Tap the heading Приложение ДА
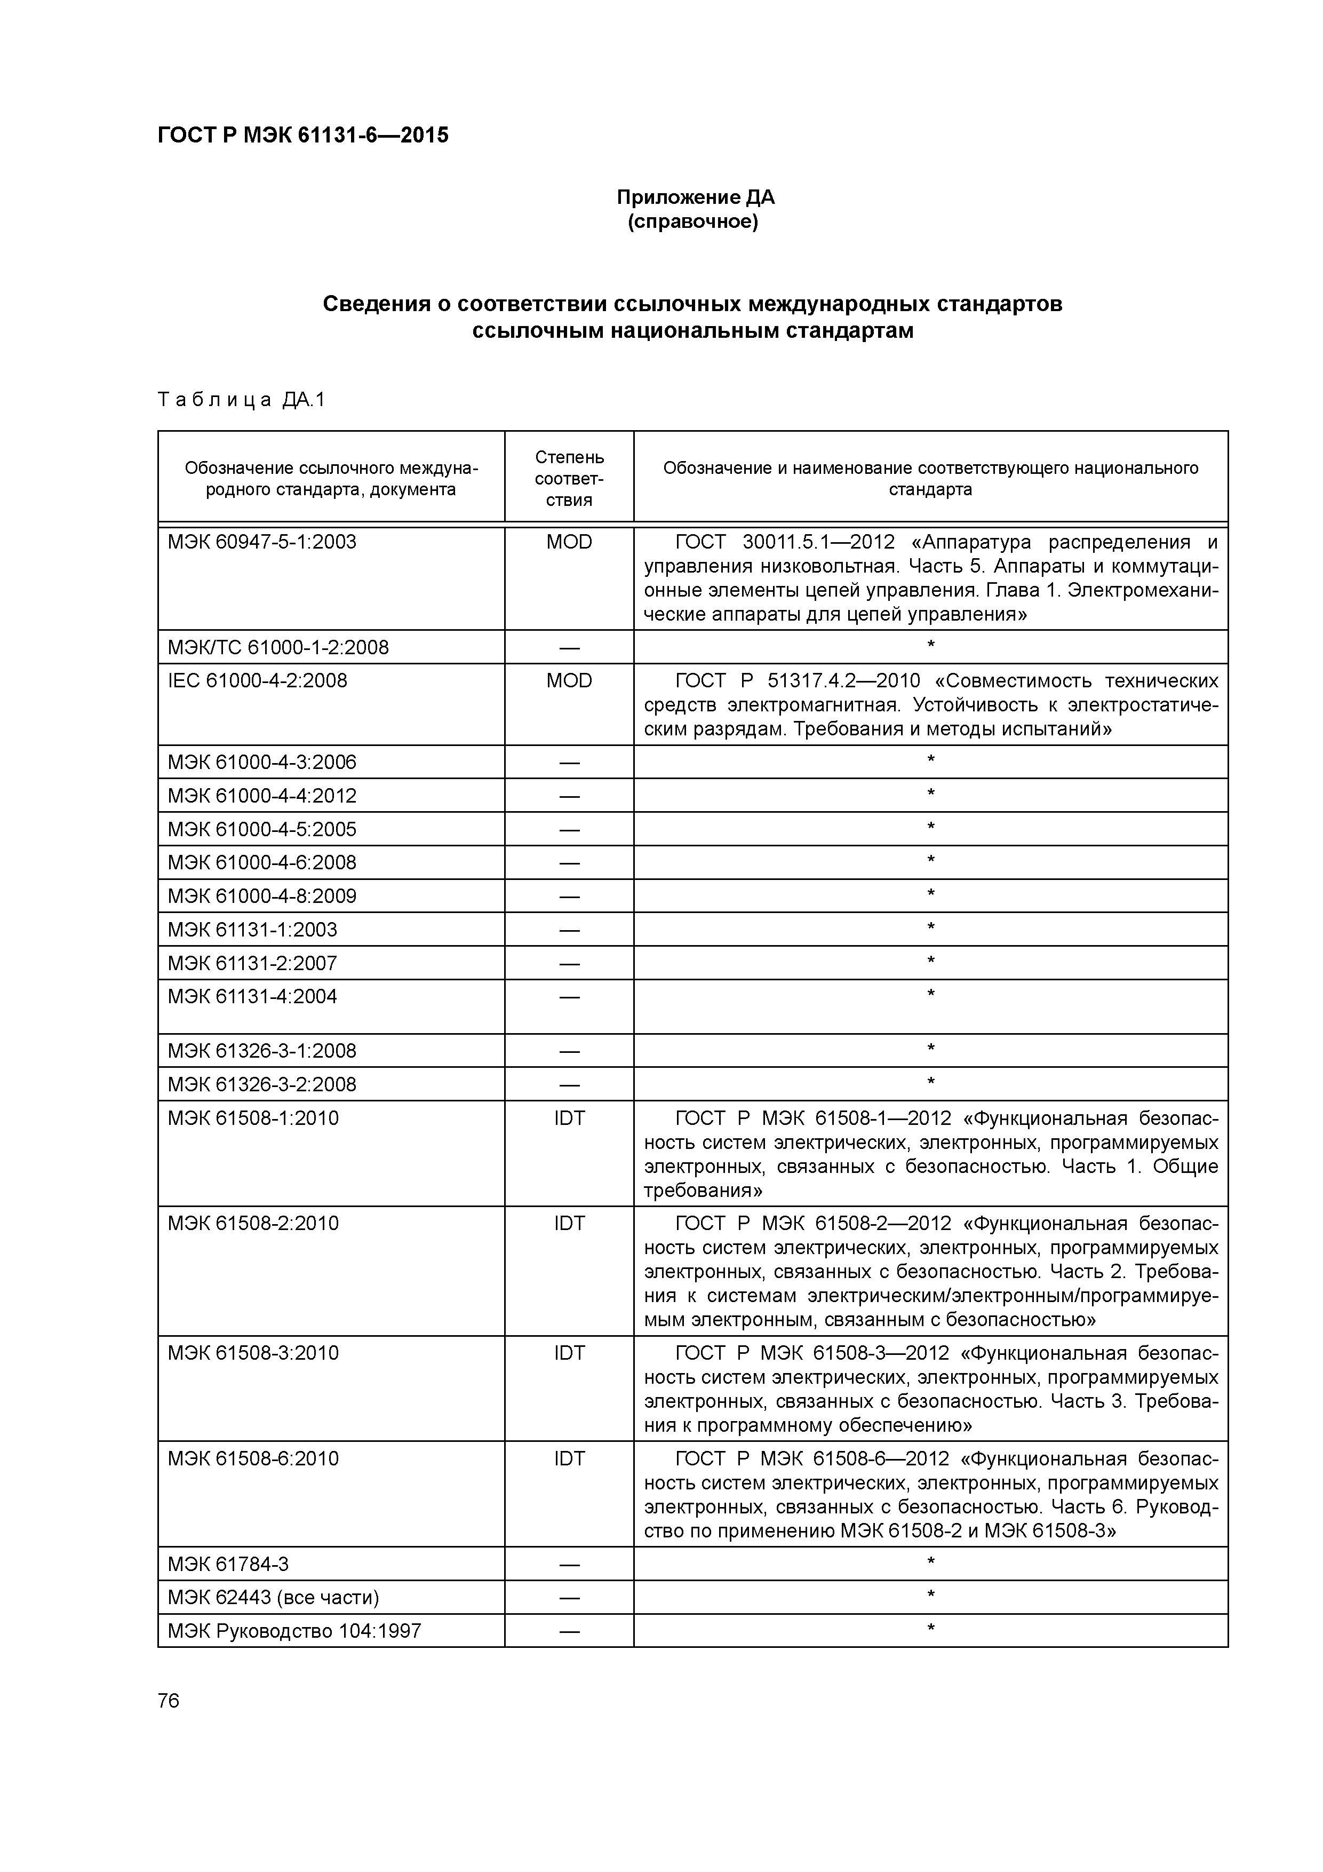coord(695,197)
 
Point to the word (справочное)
coord(693,222)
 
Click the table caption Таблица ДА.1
coord(241,400)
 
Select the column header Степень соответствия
coord(569,479)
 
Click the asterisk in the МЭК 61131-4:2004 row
coord(930,994)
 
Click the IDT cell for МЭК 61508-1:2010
coord(569,1119)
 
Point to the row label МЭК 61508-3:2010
coord(253,1353)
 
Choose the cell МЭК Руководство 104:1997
coord(294,1631)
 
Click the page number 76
coord(169,1701)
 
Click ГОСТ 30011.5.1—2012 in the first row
coord(784,542)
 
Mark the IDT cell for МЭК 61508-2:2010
coord(569,1224)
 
